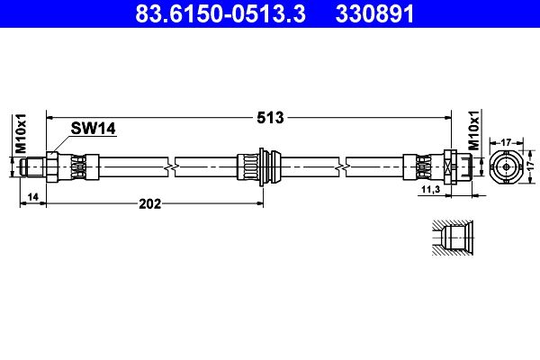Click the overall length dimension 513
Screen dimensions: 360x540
point(271,117)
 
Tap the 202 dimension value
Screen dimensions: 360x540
point(149,203)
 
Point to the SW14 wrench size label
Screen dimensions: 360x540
point(94,130)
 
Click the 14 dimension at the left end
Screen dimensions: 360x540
point(31,196)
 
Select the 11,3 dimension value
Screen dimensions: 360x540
point(430,190)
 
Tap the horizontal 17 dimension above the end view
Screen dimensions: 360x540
point(507,141)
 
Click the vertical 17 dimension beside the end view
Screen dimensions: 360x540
point(531,166)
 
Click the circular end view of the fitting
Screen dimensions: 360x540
point(507,166)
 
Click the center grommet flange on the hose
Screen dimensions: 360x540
point(262,166)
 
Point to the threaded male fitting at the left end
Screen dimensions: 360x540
point(32,166)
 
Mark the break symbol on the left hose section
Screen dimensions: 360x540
point(171,166)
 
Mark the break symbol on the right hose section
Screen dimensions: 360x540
point(343,166)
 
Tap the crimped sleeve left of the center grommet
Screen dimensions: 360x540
point(246,166)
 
